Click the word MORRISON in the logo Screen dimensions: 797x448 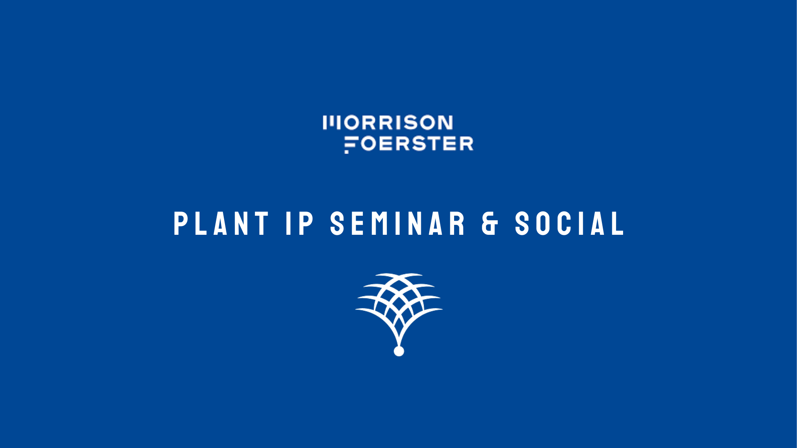pos(388,123)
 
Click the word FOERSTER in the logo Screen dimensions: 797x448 pos(409,144)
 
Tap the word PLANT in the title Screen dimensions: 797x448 pos(221,224)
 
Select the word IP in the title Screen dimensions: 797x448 pos(300,224)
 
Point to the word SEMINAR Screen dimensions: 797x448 pos(398,224)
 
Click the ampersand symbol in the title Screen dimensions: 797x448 pos(490,224)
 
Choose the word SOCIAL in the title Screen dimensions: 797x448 pos(570,224)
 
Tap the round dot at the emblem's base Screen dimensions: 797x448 pos(399,351)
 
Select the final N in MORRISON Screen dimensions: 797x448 pos(445,123)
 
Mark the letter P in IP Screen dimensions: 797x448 pos(307,224)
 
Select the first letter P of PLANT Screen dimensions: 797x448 pos(180,224)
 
